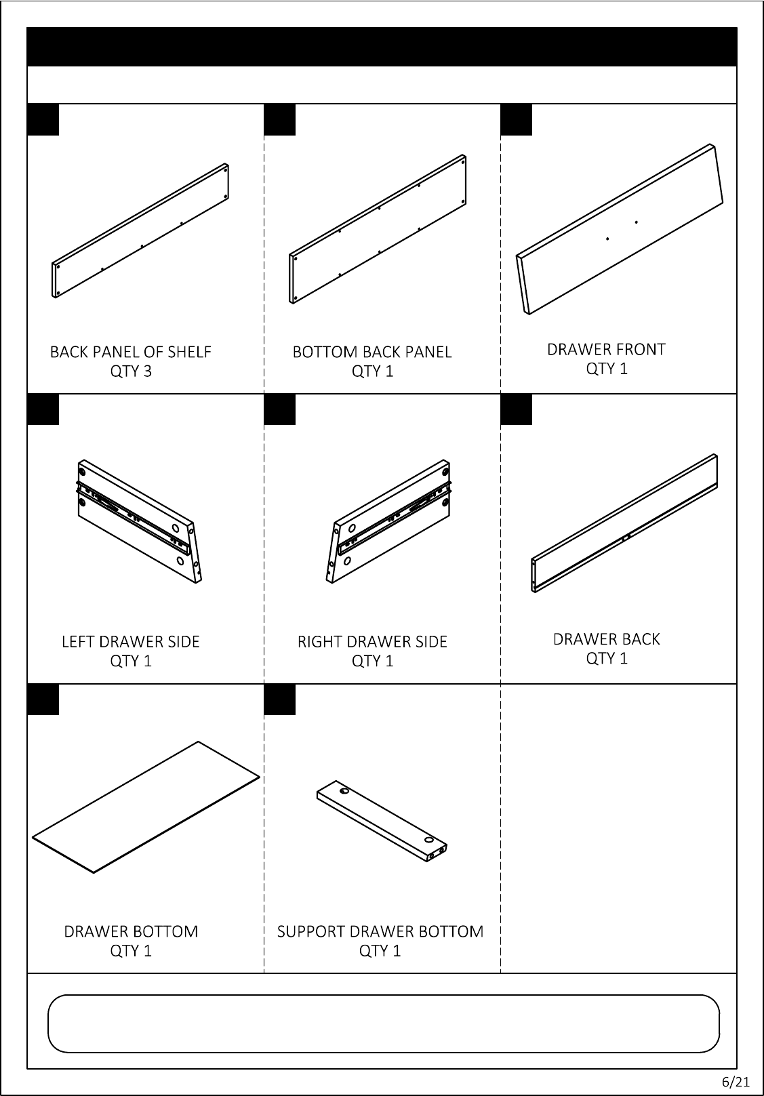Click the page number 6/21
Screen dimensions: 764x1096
(735, 1082)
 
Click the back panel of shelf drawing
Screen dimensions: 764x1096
(140, 230)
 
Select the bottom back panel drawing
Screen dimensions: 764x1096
(378, 229)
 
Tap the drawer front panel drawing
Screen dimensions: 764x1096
(620, 229)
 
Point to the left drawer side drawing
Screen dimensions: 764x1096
(140, 521)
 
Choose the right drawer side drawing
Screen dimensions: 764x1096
(388, 521)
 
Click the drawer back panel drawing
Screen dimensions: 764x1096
(624, 523)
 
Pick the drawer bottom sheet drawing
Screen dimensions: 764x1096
(146, 807)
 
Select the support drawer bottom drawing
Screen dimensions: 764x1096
(382, 821)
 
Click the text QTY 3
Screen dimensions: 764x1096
(131, 371)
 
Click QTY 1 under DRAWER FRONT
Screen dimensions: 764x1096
(607, 369)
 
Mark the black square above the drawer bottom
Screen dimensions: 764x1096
(43, 699)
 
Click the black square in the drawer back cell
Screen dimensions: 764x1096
(517, 409)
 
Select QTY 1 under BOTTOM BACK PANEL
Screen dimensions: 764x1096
(372, 371)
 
